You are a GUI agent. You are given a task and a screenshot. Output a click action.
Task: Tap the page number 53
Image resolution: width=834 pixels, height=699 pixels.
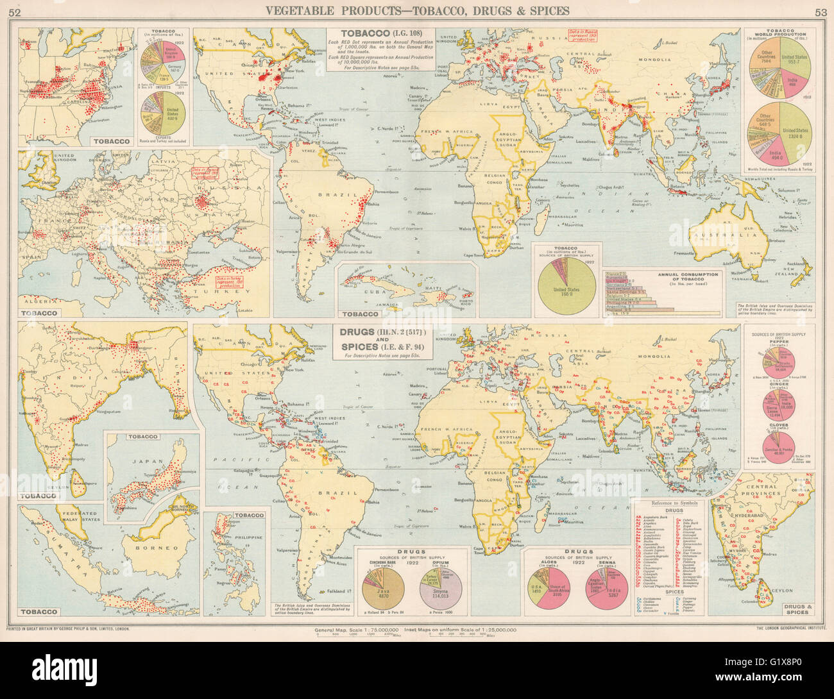(821, 11)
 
